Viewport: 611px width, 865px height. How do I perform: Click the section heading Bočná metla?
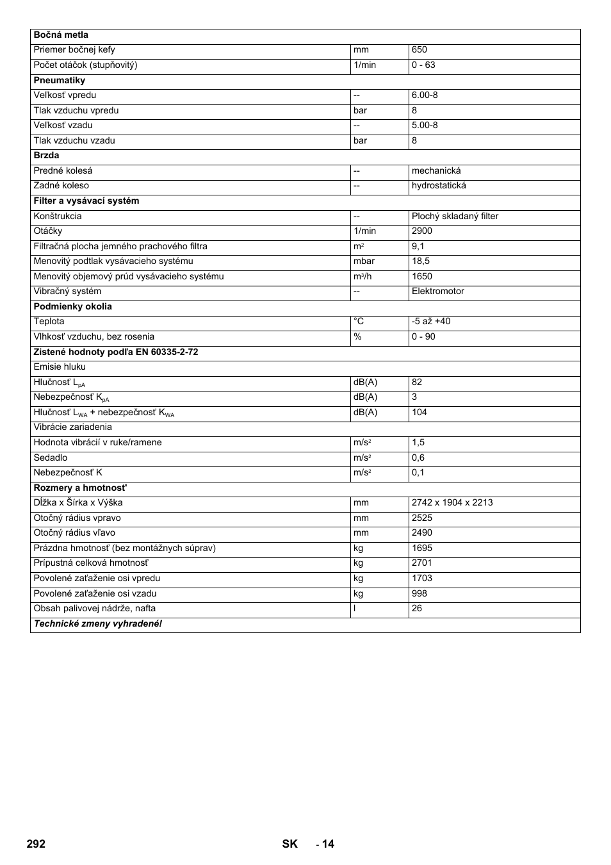coord(61,35)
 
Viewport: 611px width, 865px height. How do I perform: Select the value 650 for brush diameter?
coord(420,50)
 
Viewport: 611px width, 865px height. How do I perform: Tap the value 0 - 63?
coord(423,65)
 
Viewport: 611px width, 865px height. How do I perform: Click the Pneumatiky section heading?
coord(60,81)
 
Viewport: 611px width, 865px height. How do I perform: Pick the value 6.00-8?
coord(425,95)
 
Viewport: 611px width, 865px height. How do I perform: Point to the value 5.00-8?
coord(425,126)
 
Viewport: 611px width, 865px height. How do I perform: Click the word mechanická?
coord(436,171)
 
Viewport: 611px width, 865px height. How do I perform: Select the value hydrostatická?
coord(439,186)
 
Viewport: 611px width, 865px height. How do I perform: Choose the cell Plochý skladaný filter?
coord(455,217)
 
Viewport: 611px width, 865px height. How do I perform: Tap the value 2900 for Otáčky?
coord(422,231)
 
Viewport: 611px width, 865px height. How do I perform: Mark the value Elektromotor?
coord(438,292)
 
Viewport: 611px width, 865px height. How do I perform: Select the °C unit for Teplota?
coord(359,322)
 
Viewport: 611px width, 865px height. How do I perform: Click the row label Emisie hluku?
coord(60,367)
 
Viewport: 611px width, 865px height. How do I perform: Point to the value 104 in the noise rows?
coord(420,413)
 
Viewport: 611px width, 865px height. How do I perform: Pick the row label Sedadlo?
coord(51,458)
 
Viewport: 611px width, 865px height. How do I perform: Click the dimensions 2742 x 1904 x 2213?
coord(452,503)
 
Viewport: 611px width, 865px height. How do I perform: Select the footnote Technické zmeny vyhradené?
coord(98,624)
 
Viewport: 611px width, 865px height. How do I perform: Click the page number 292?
coord(37,844)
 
